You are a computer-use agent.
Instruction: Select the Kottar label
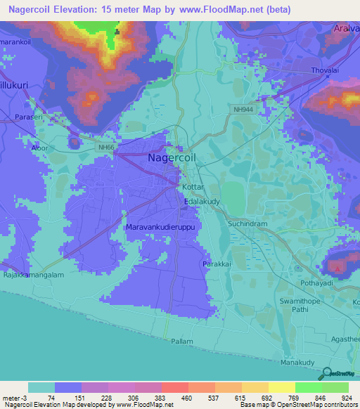coord(193,189)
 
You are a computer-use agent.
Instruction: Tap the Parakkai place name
coord(217,264)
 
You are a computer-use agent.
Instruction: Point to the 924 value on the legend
coord(346,398)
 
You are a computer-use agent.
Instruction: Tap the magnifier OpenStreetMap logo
coord(326,374)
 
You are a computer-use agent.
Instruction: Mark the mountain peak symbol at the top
coord(117,32)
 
